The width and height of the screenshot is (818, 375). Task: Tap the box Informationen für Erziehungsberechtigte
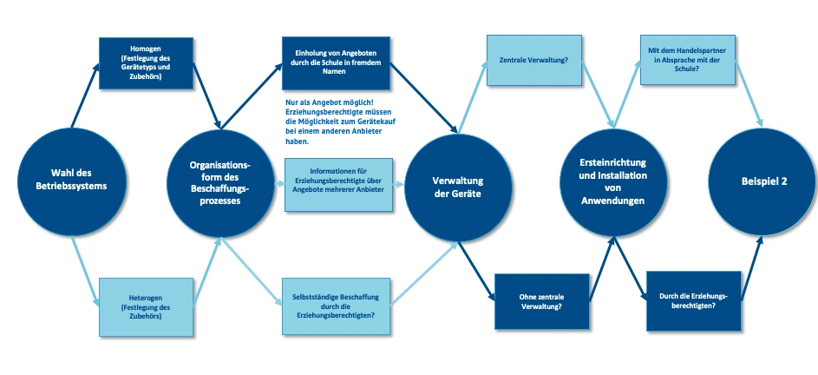click(x=339, y=184)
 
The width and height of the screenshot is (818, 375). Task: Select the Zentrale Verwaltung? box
click(x=534, y=61)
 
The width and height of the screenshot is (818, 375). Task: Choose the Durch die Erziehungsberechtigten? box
click(x=693, y=300)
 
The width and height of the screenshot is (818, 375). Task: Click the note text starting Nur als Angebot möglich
click(x=338, y=122)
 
